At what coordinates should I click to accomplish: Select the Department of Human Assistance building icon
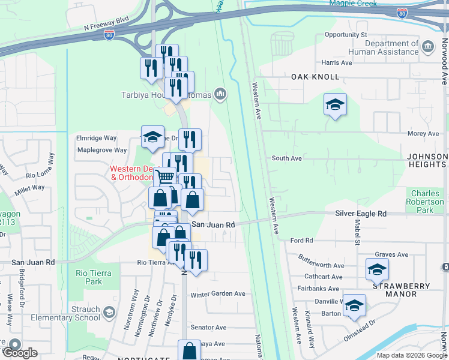pos(427,47)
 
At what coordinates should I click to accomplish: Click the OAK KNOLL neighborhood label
pos(315,77)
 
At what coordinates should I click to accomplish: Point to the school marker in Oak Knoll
pos(335,105)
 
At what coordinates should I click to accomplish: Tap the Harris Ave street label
pos(336,62)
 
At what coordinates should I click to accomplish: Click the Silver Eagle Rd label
pos(360,214)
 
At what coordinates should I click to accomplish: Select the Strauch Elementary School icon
pos(109,312)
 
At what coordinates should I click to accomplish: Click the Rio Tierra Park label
pos(89,277)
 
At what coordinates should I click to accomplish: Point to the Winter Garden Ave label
pos(218,294)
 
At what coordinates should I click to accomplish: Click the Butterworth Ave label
pos(322,265)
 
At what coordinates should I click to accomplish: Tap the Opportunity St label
pos(345,35)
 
